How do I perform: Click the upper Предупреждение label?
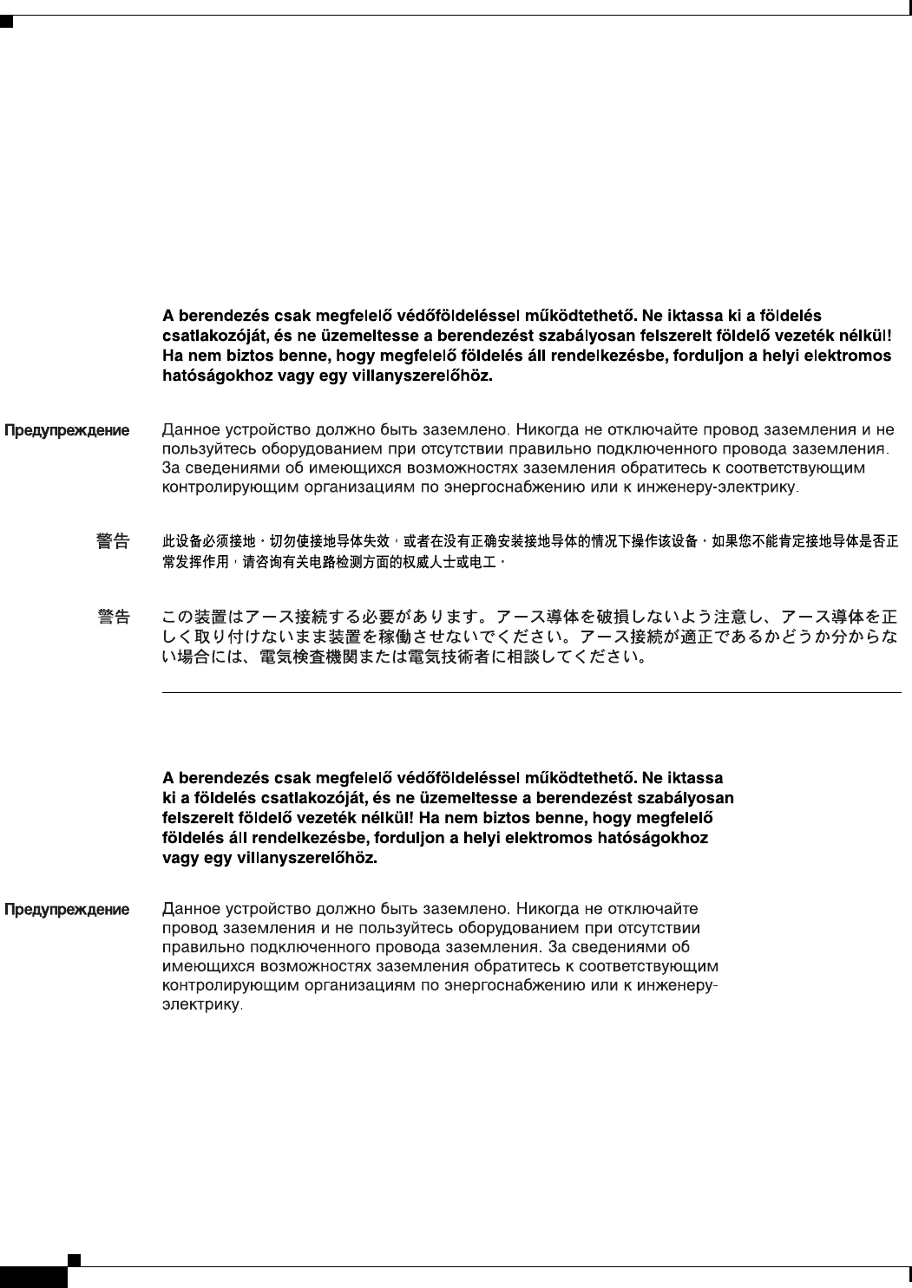click(67, 431)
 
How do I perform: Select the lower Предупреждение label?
click(67, 911)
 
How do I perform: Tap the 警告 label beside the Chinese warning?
click(114, 542)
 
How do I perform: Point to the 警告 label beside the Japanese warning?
click(114, 617)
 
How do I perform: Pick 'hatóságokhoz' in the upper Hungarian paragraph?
click(217, 377)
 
